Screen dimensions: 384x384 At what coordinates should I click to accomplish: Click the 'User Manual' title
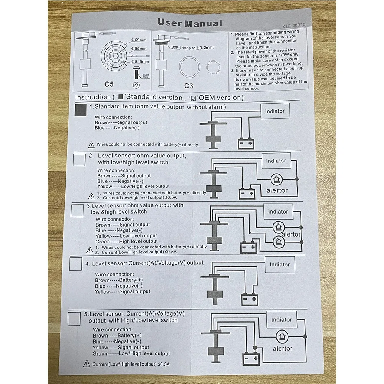click(x=190, y=23)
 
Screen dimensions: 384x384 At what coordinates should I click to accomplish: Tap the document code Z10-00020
click(x=293, y=26)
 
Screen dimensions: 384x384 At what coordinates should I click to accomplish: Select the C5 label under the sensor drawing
click(x=109, y=83)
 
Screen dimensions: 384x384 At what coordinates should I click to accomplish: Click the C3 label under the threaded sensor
click(x=188, y=85)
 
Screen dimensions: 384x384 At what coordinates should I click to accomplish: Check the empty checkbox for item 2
click(x=79, y=159)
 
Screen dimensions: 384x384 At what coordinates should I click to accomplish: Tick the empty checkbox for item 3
click(x=78, y=210)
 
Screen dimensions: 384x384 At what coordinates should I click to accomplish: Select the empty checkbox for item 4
click(x=75, y=264)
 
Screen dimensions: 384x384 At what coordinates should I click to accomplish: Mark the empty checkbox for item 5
click(x=74, y=319)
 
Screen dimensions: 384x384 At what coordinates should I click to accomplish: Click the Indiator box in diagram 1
click(x=275, y=111)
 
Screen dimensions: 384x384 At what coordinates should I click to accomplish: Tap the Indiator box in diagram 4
click(x=280, y=265)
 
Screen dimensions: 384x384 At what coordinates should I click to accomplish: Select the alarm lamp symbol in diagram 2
click(x=276, y=179)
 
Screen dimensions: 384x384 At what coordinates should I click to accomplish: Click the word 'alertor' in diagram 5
click(x=282, y=349)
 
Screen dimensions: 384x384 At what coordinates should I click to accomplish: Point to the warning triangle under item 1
click(x=91, y=145)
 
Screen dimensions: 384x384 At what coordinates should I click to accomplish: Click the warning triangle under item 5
click(x=87, y=364)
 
